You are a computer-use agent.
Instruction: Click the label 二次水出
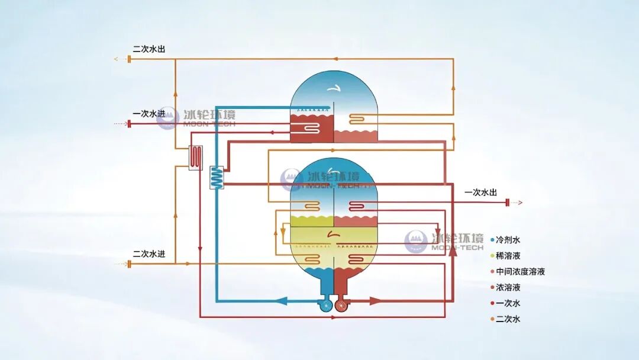pos(149,49)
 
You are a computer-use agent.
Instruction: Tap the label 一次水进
pos(149,114)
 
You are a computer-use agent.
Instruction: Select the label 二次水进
pos(149,253)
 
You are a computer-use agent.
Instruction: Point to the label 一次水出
pos(481,192)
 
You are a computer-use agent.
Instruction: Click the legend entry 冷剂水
pos(505,240)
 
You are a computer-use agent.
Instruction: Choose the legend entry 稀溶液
pos(505,256)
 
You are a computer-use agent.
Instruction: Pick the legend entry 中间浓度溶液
pos(518,272)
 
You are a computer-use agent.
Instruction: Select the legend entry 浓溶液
pos(505,287)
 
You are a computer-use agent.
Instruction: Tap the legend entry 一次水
pos(505,303)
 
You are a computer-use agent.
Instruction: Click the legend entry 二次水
pos(505,319)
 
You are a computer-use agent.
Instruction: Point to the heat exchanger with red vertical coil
pos(196,157)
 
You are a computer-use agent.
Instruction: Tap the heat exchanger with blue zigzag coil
pos(217,178)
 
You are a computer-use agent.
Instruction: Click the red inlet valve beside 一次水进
pos(129,124)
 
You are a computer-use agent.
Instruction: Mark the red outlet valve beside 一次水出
pos(508,202)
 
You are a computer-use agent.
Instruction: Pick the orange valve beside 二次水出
pos(129,59)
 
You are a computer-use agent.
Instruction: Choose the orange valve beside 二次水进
pos(129,264)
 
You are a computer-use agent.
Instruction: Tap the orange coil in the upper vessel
pos(357,118)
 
